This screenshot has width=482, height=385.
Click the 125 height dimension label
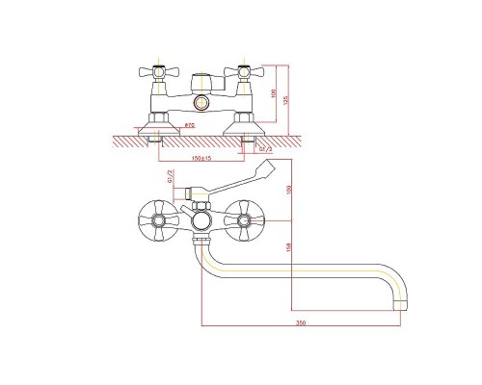(x=286, y=98)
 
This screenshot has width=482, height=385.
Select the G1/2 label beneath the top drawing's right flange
(x=267, y=150)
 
